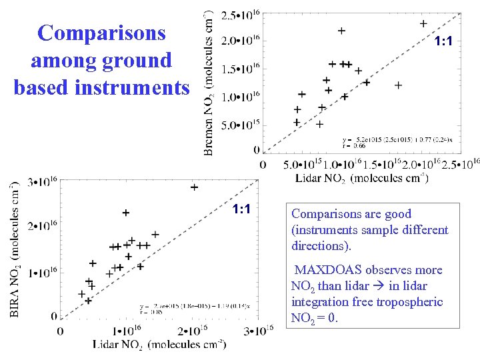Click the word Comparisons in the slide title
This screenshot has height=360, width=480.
point(102,33)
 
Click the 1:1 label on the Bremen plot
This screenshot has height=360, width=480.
point(443,42)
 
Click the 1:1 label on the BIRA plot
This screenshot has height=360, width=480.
point(241,210)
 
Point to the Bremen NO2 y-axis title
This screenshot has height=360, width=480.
point(209,83)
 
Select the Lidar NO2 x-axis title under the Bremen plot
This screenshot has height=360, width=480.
point(362,178)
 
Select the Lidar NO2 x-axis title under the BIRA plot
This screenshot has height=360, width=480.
point(159,343)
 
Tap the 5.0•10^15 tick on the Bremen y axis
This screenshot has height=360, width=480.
point(240,125)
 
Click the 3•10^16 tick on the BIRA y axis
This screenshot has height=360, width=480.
point(42,182)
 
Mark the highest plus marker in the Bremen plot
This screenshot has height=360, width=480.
point(423,23)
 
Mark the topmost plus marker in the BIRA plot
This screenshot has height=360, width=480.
point(194,187)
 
